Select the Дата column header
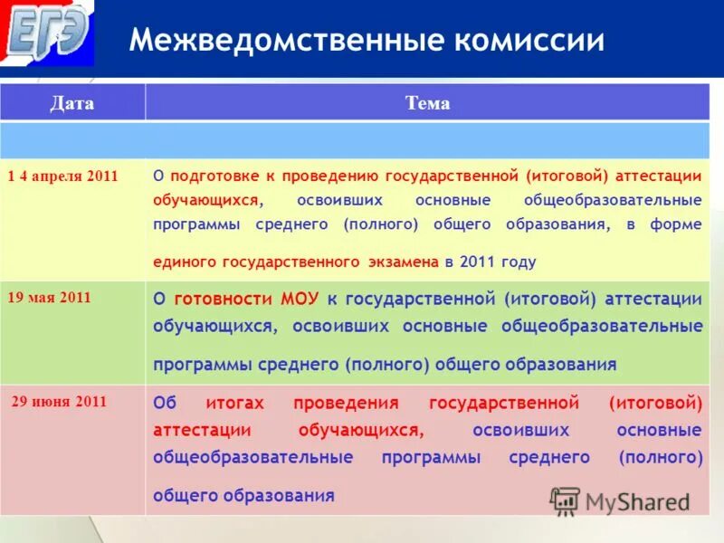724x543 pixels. (71, 103)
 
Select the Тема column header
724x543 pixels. (427, 103)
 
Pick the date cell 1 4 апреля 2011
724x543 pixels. (63, 176)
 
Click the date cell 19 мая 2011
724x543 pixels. (49, 297)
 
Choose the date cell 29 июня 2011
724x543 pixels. (59, 402)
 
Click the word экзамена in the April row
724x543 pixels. (404, 262)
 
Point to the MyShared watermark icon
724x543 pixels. (565, 501)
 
